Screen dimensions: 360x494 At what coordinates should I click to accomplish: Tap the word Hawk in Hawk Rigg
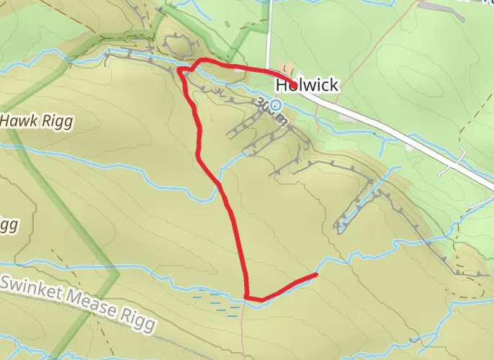pos(18,122)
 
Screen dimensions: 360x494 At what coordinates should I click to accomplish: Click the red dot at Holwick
pos(295,85)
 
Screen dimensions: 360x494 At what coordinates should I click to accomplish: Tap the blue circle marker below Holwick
pos(275,105)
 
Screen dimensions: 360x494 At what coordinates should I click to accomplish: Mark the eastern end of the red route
pos(315,275)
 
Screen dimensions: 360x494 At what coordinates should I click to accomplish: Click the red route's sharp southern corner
pos(246,296)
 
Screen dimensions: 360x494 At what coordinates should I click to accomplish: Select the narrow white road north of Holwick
pos(268,36)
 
